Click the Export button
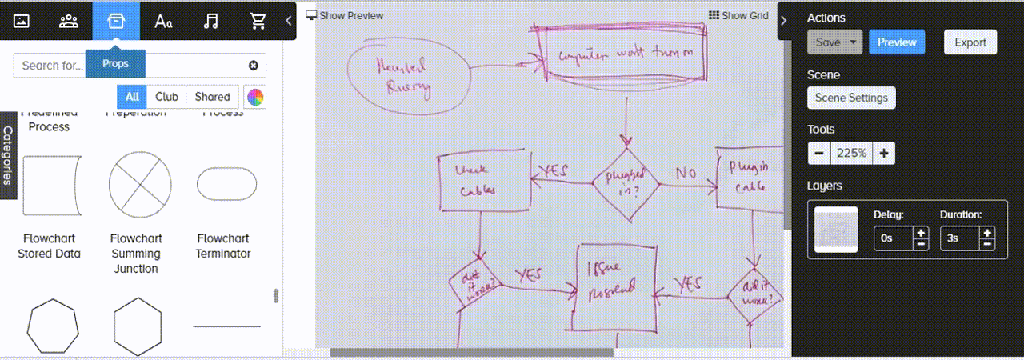(970, 42)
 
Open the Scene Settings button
(851, 98)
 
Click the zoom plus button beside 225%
(883, 153)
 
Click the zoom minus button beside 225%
(818, 153)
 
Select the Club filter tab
(166, 97)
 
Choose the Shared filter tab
(212, 97)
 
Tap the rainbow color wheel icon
(255, 98)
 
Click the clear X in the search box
(254, 66)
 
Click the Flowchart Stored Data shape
(52, 185)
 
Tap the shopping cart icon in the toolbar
(258, 21)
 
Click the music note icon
(211, 21)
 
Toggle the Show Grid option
(738, 15)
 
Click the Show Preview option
(345, 15)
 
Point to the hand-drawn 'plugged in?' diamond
(626, 184)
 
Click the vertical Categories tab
(9, 156)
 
